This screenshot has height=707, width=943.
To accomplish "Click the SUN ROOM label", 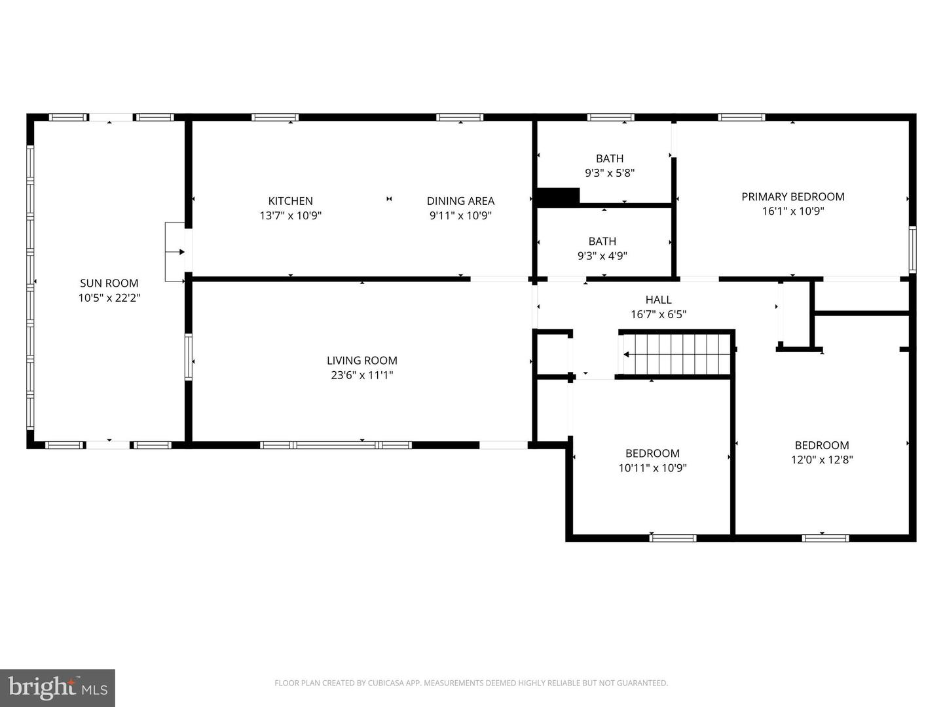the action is pos(109,283).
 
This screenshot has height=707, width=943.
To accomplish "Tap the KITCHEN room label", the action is pos(290,201).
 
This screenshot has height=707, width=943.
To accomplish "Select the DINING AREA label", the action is pos(460,201).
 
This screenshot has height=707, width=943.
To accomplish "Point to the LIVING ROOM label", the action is pos(361,361).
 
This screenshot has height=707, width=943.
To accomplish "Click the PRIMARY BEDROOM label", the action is pos(793,196).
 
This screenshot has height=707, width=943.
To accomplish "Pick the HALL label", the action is pos(659,300).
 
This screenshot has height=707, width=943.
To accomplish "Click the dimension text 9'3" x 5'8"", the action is pos(610,173).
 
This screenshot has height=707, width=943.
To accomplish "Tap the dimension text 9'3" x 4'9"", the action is pos(602,256).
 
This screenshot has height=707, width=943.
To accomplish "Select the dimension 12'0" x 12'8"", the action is pos(822,460).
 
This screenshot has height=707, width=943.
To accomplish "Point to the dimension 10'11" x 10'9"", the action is pos(653,467).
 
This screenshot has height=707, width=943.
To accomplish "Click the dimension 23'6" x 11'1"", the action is pos(361,375).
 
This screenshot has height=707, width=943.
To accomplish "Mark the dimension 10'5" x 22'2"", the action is pos(109,298).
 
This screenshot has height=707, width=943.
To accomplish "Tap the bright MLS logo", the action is pos(58,687).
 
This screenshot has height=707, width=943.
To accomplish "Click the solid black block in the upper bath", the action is pos(558,196).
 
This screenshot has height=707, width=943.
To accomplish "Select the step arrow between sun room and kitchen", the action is pos(175,252).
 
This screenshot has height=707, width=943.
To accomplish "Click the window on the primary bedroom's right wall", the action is pos(912,249).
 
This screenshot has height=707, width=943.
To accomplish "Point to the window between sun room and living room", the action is pos(188,357).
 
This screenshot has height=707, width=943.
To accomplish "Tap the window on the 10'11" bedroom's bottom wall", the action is pos(673,538).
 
